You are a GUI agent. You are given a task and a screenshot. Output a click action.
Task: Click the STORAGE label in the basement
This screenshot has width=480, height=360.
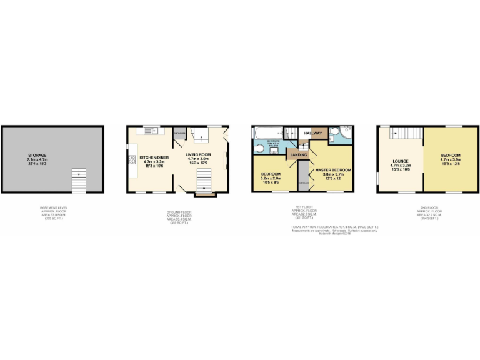[x=37, y=155]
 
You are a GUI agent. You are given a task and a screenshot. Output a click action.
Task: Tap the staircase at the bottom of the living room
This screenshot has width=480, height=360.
[x=203, y=182]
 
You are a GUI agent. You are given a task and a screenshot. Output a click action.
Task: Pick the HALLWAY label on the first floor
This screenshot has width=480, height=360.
[x=312, y=133]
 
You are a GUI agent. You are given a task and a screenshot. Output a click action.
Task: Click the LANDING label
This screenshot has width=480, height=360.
[x=298, y=154]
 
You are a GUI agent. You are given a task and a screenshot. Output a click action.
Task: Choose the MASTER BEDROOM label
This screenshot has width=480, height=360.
[x=332, y=170]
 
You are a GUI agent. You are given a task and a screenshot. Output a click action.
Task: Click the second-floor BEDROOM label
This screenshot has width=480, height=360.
[x=450, y=155]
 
